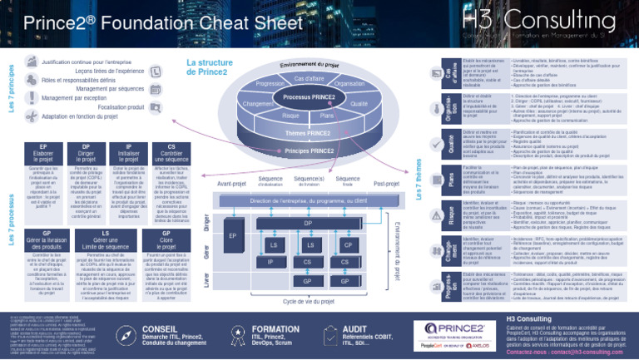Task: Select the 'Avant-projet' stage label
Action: point(233,184)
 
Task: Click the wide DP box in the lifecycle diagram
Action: point(308,223)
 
